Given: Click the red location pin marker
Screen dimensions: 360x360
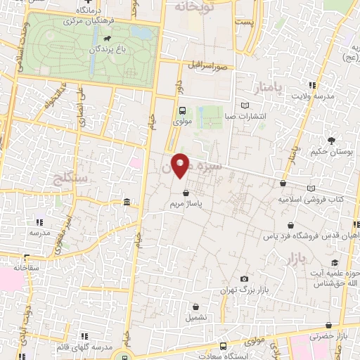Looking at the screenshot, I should (181, 165).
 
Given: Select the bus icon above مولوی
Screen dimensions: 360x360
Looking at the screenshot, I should (183, 110).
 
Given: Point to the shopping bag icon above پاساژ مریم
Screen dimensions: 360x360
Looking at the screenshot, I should (186, 193).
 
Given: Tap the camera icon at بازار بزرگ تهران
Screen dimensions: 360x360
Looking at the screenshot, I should (244, 279).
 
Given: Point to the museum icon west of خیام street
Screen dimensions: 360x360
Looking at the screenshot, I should (127, 203).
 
